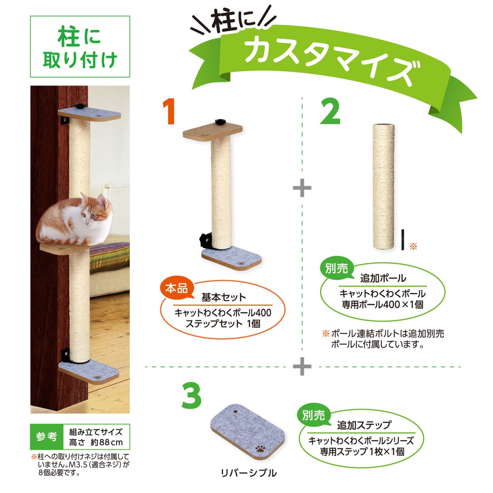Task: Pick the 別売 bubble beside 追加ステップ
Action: [314, 415]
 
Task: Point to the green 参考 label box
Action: [46, 437]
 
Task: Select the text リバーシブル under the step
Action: [249, 473]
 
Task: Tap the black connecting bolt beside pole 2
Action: [403, 240]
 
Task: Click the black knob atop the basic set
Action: [220, 122]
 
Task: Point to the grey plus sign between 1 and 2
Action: [302, 188]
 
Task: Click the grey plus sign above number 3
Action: [302, 366]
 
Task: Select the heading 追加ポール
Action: [383, 278]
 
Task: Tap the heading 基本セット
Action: [223, 297]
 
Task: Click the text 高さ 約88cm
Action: [96, 442]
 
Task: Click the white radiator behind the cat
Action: [116, 207]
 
